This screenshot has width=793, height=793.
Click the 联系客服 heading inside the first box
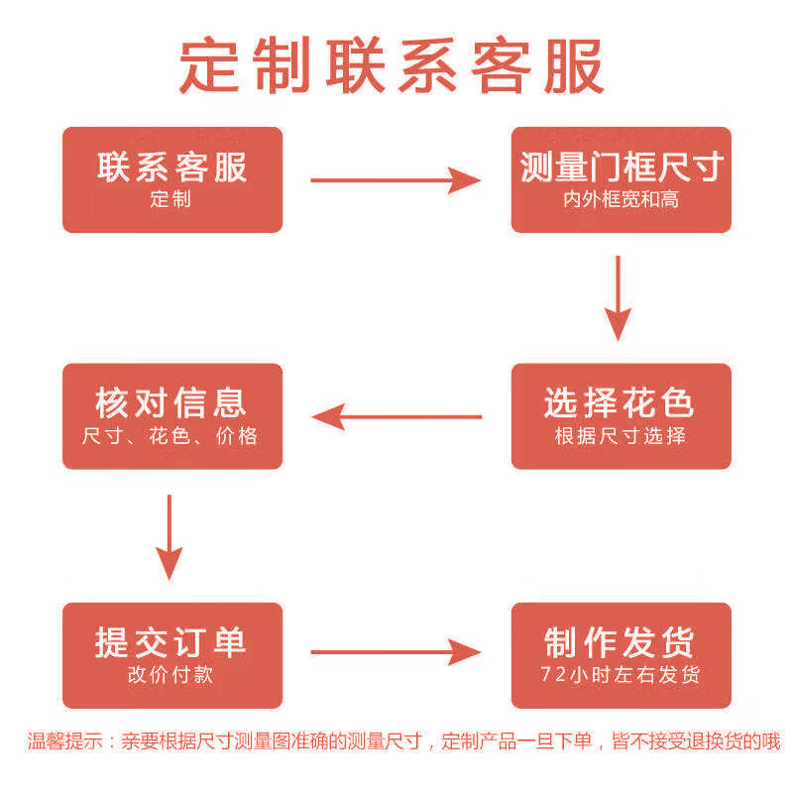coord(172,167)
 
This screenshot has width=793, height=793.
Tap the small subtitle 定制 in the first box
coord(171,199)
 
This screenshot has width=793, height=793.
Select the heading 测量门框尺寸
coord(622,167)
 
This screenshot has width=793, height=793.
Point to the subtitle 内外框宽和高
coord(622,199)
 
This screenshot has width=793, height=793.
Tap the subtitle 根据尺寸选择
coord(621,435)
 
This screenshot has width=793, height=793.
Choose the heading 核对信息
coord(171,402)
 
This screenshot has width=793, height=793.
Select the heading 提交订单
coord(171,642)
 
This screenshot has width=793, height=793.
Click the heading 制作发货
coord(621,642)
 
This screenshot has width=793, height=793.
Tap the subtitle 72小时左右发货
coord(621,675)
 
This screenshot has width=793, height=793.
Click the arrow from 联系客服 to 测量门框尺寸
coord(396,180)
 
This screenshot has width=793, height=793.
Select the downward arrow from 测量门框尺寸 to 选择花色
coord(619,297)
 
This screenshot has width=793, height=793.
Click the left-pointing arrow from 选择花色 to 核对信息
coord(396,416)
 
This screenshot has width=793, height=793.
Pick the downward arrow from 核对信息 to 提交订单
coord(170,536)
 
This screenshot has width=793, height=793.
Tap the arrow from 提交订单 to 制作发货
coord(396,651)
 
